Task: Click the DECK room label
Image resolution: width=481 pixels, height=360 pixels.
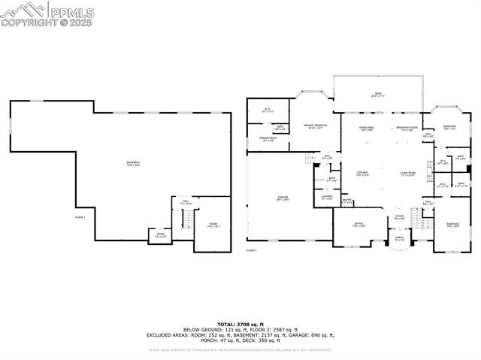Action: point(378,95)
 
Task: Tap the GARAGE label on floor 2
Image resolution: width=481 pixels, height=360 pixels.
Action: point(282,198)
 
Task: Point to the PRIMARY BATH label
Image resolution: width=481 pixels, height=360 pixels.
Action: point(268,139)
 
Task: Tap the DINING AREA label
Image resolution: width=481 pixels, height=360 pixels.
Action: point(366,129)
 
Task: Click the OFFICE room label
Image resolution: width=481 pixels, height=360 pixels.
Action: point(359,225)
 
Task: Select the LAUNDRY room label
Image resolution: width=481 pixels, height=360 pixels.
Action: point(327,198)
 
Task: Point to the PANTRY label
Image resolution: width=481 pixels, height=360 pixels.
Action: point(346,201)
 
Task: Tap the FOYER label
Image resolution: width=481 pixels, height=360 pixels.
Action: point(399,219)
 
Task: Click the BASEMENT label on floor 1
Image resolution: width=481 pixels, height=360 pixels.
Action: point(133,163)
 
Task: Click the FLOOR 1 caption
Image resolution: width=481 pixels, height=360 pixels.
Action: point(80,217)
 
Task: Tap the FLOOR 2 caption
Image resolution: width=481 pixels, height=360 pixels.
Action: point(251,250)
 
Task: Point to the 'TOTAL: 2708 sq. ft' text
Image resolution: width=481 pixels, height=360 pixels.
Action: point(240,323)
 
